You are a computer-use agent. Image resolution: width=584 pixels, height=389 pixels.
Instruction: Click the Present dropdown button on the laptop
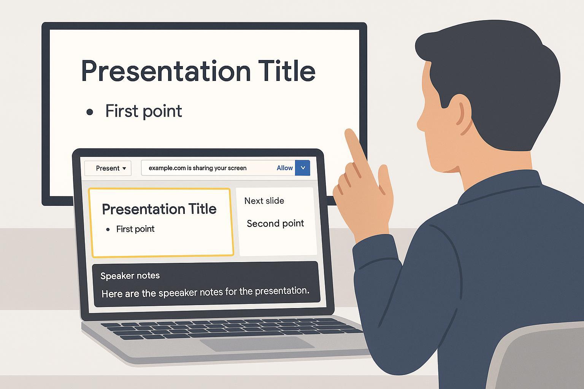pyautogui.click(x=108, y=168)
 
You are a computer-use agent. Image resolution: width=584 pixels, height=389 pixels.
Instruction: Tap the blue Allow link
pyautogui.click(x=285, y=168)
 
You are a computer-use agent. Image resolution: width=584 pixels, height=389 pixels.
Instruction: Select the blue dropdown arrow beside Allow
pyautogui.click(x=303, y=168)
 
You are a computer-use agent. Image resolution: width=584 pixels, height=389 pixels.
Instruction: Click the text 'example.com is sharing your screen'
pyautogui.click(x=197, y=168)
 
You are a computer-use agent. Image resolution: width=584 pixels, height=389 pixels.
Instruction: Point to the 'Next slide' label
pyautogui.click(x=264, y=201)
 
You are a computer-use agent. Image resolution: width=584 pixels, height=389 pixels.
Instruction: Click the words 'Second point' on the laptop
pyautogui.click(x=275, y=223)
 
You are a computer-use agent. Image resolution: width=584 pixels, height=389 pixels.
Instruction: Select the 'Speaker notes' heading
pyautogui.click(x=130, y=276)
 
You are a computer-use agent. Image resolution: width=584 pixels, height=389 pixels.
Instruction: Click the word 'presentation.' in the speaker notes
pyautogui.click(x=282, y=291)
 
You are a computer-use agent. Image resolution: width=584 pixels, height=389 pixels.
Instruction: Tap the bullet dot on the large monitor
pyautogui.click(x=90, y=112)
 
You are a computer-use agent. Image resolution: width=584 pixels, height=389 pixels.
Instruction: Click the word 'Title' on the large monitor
pyautogui.click(x=287, y=71)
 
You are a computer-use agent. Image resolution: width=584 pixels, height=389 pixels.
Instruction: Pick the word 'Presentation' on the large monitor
pyautogui.click(x=166, y=71)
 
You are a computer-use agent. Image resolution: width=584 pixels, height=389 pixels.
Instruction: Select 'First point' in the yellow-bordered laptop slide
pyautogui.click(x=135, y=229)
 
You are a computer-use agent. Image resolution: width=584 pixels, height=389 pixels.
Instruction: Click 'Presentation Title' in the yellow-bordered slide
pyautogui.click(x=159, y=209)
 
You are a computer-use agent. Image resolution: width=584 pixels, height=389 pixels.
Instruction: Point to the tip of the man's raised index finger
pyautogui.click(x=349, y=131)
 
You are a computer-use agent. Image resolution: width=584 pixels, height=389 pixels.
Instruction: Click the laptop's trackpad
pyautogui.click(x=257, y=344)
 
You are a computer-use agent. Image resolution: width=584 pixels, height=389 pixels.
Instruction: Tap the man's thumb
pyautogui.click(x=385, y=177)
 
